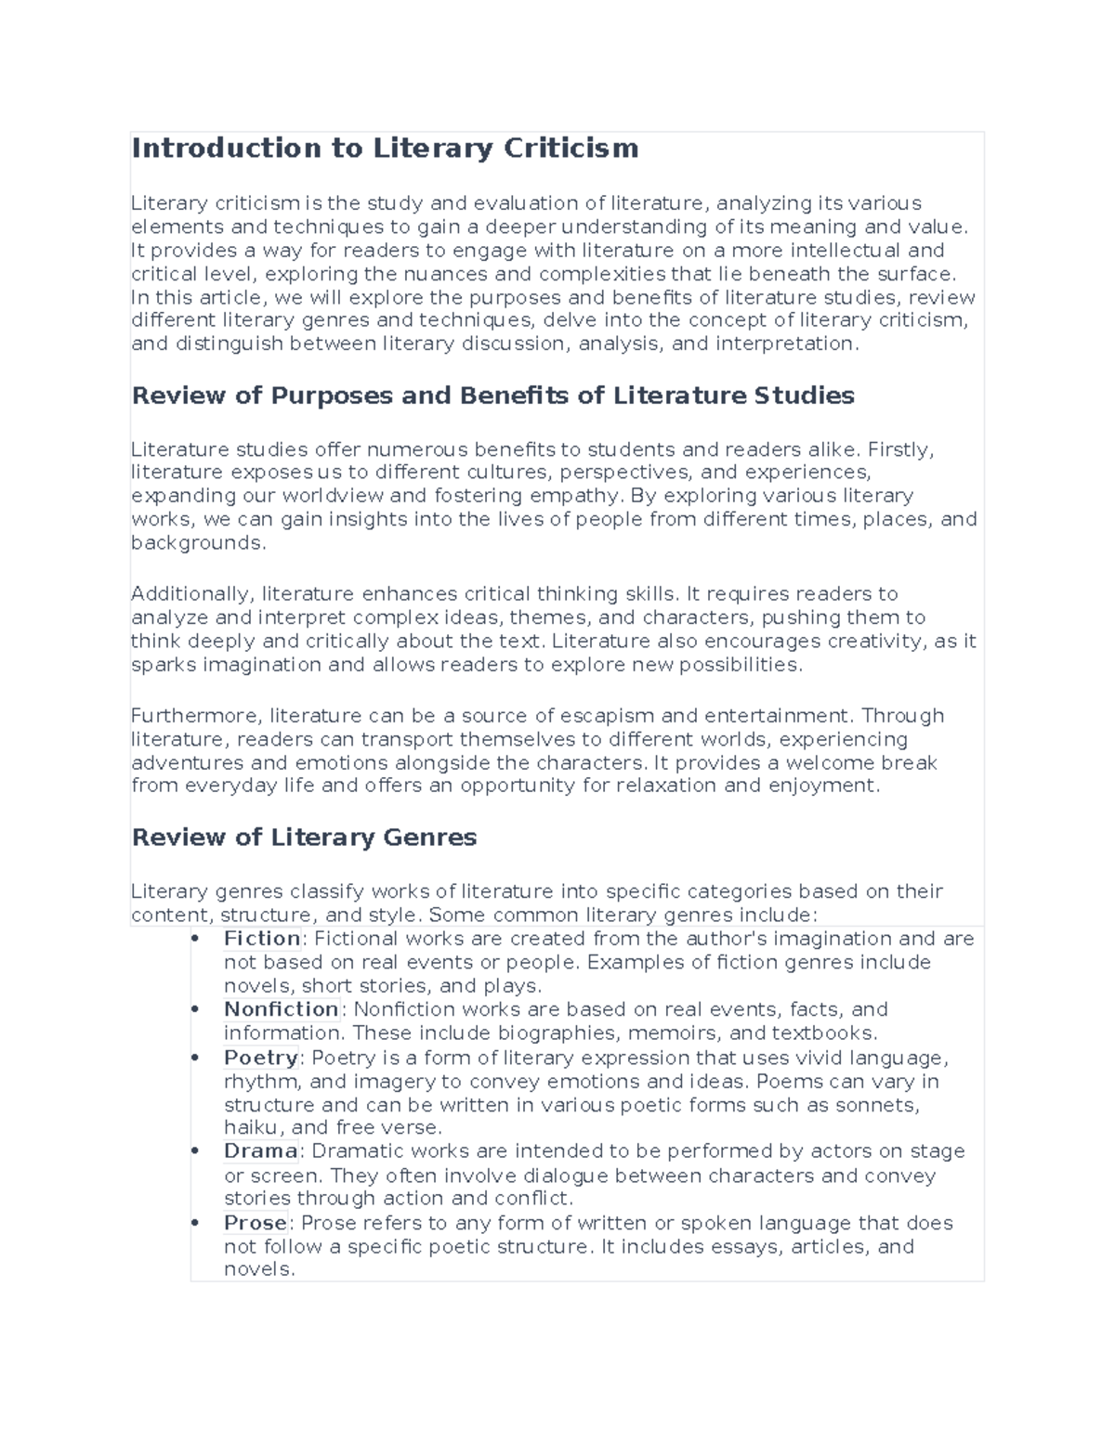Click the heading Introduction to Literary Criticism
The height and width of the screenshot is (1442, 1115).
385,148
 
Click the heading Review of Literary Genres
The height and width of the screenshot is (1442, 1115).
304,837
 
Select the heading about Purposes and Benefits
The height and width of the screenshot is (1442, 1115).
492,396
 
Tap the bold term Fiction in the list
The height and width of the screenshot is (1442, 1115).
262,939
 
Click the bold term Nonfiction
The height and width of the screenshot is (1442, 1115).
282,1009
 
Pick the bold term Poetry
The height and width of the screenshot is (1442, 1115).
261,1058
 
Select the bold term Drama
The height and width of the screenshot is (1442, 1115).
261,1151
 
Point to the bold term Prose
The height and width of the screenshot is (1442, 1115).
256,1223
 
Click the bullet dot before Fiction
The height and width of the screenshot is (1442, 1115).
195,939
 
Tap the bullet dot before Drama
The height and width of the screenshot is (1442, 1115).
195,1151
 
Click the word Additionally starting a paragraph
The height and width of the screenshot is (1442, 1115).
191,594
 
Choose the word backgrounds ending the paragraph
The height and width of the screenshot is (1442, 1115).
197,543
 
